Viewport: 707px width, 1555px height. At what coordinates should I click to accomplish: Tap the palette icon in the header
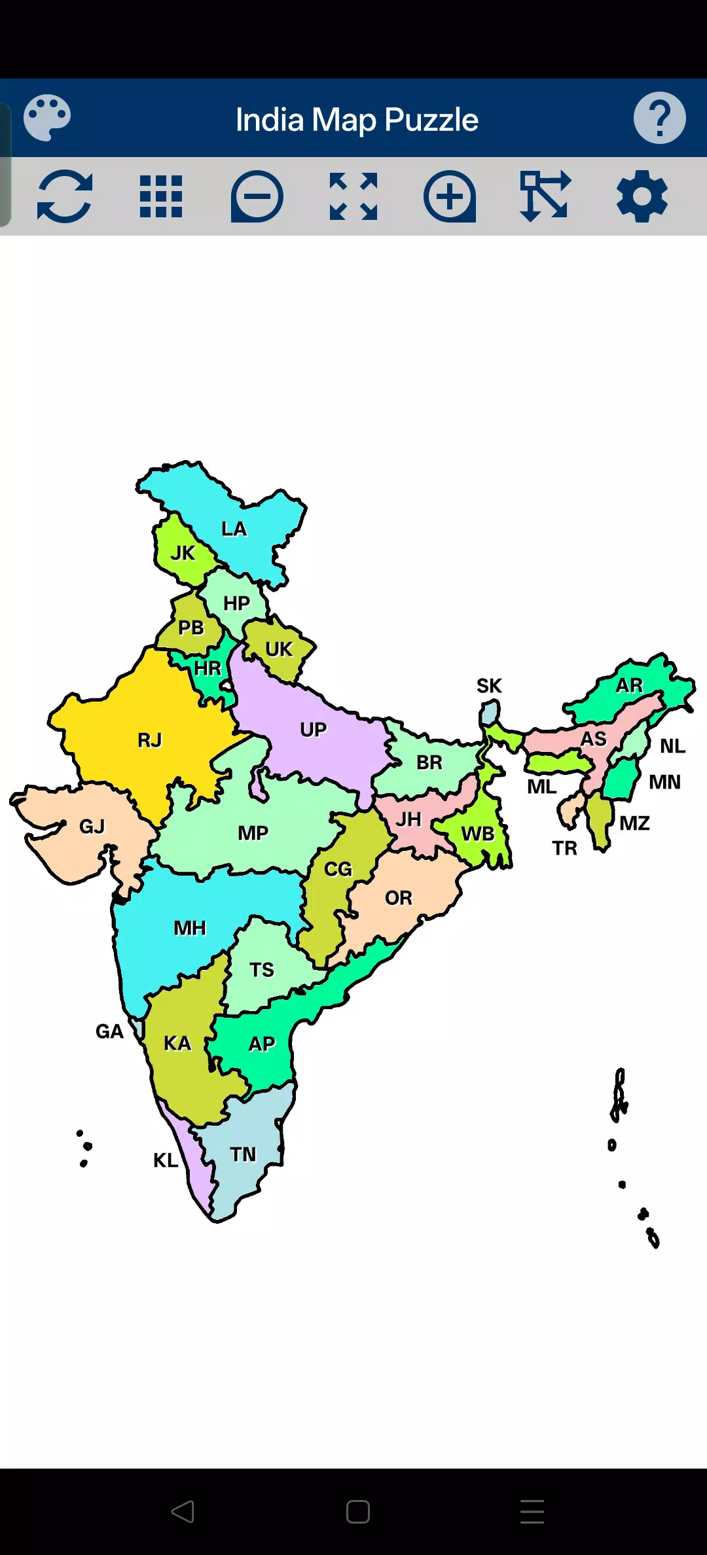(x=47, y=118)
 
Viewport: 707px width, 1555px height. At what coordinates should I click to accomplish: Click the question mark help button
(x=659, y=118)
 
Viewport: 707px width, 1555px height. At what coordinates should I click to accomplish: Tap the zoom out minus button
(x=257, y=196)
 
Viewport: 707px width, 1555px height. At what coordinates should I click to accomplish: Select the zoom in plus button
(x=450, y=196)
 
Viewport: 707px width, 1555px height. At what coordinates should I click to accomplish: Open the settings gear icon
(x=642, y=196)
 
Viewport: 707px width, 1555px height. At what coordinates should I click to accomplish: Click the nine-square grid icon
(x=161, y=196)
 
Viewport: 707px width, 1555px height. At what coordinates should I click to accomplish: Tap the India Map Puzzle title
(x=357, y=120)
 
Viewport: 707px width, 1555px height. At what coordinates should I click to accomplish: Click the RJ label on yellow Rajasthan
(x=149, y=740)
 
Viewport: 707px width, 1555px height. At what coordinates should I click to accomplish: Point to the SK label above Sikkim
(x=489, y=686)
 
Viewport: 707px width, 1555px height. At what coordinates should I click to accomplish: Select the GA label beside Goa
(x=109, y=1031)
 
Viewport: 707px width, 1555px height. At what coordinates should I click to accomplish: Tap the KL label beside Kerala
(x=166, y=1160)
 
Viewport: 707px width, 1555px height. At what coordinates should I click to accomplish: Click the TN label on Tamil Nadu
(x=243, y=1154)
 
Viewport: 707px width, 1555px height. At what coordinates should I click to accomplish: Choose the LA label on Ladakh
(x=234, y=529)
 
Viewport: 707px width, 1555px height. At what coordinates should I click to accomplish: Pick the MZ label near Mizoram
(x=634, y=823)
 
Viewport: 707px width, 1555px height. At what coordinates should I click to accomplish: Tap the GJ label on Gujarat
(x=92, y=827)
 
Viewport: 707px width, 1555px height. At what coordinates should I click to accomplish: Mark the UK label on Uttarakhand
(x=279, y=649)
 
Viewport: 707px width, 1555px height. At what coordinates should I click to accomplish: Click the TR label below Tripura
(x=564, y=848)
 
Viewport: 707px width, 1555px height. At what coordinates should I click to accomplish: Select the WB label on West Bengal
(x=478, y=834)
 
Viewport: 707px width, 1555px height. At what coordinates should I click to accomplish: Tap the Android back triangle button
(x=183, y=1512)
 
